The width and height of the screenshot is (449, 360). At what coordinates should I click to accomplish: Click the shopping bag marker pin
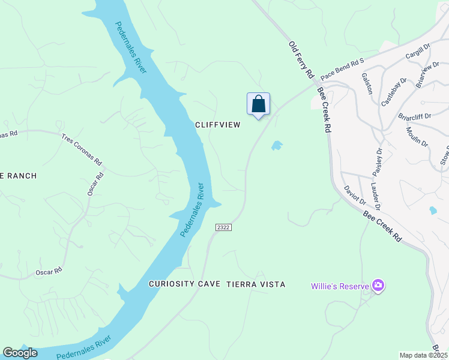pos(258,104)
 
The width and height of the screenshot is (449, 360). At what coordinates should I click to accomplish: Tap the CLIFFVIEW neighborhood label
pos(217,125)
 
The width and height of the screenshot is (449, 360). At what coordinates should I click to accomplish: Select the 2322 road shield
pos(223,227)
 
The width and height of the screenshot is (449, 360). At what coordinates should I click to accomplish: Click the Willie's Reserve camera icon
pos(378,286)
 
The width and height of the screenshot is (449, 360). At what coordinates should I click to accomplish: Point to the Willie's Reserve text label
pos(339,286)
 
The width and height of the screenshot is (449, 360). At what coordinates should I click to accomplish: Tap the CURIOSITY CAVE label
pos(185,284)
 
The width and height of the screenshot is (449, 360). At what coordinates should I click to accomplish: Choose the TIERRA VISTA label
pos(256,284)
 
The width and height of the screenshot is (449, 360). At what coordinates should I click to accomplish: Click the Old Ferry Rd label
pos(301,59)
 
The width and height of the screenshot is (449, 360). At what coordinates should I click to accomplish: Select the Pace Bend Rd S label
pos(342,70)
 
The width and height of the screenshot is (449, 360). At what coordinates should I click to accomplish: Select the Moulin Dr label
pos(417,137)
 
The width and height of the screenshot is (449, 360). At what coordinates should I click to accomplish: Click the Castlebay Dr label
pos(394,92)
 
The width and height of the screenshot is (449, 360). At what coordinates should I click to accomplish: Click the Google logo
pos(20,353)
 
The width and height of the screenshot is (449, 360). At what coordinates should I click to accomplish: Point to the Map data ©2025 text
pos(423,355)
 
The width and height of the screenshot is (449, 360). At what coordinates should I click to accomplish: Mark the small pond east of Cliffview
pos(277,145)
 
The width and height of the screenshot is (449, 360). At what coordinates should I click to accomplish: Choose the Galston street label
pos(367,83)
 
